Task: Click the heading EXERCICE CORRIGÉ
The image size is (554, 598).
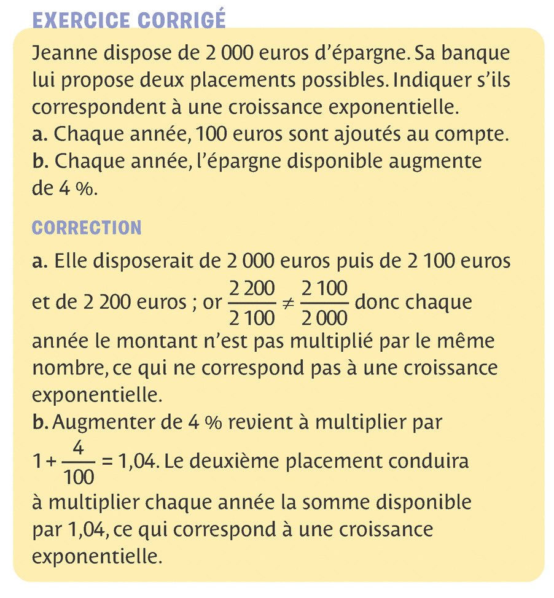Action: click(x=128, y=20)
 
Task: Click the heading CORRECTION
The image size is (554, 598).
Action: click(x=86, y=228)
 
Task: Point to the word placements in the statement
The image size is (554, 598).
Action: click(x=230, y=80)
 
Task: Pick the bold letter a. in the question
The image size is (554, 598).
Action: click(x=40, y=134)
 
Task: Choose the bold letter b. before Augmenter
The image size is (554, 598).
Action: click(x=40, y=423)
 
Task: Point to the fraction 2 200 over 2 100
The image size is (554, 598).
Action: click(x=252, y=303)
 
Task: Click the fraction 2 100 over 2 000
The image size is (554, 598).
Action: click(x=324, y=303)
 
